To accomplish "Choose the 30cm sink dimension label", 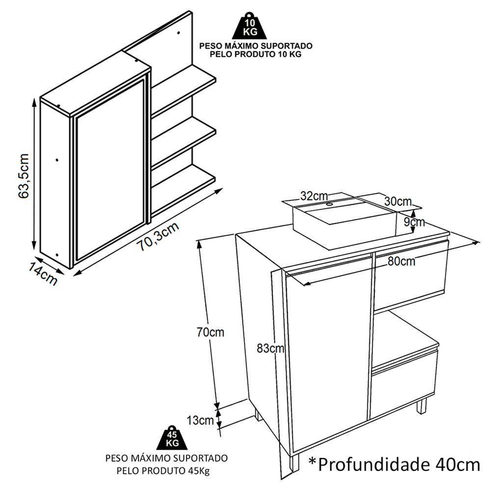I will click(x=398, y=201).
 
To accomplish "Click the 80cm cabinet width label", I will click(x=401, y=261).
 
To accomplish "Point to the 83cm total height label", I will click(x=271, y=349).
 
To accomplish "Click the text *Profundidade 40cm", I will click(x=394, y=464).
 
